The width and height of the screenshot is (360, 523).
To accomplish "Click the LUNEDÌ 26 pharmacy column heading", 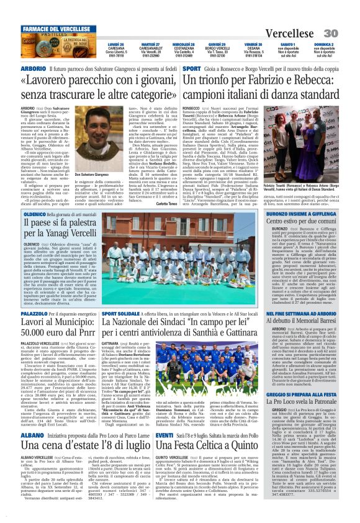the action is [x=114, y=45].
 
